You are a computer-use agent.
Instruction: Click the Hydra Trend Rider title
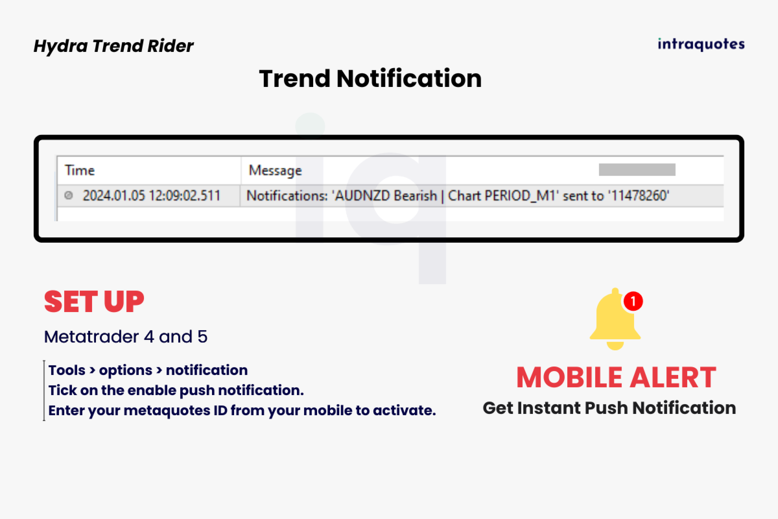(113, 46)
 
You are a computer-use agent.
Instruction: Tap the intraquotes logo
(701, 44)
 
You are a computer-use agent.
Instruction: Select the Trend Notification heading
(370, 78)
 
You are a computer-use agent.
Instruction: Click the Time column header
(80, 171)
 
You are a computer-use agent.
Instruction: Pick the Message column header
(275, 171)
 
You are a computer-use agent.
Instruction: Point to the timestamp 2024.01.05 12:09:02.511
(152, 196)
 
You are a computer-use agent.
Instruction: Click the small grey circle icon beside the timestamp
(69, 195)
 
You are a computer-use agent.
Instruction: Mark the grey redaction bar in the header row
(637, 169)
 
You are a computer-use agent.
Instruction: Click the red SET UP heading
(94, 302)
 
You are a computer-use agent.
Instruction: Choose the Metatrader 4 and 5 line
(126, 337)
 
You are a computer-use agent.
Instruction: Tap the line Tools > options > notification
(148, 370)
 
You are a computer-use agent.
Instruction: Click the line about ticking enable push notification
(176, 391)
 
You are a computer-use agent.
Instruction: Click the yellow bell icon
(615, 320)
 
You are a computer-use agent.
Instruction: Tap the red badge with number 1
(633, 301)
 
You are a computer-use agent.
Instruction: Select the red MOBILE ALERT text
(616, 378)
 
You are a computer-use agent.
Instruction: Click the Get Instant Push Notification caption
(609, 408)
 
